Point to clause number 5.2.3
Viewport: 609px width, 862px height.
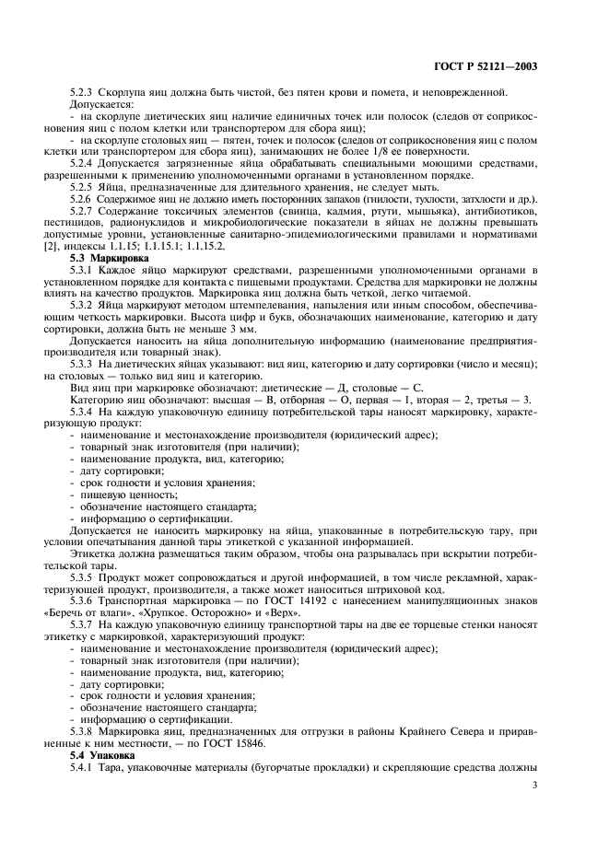click(x=96, y=94)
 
